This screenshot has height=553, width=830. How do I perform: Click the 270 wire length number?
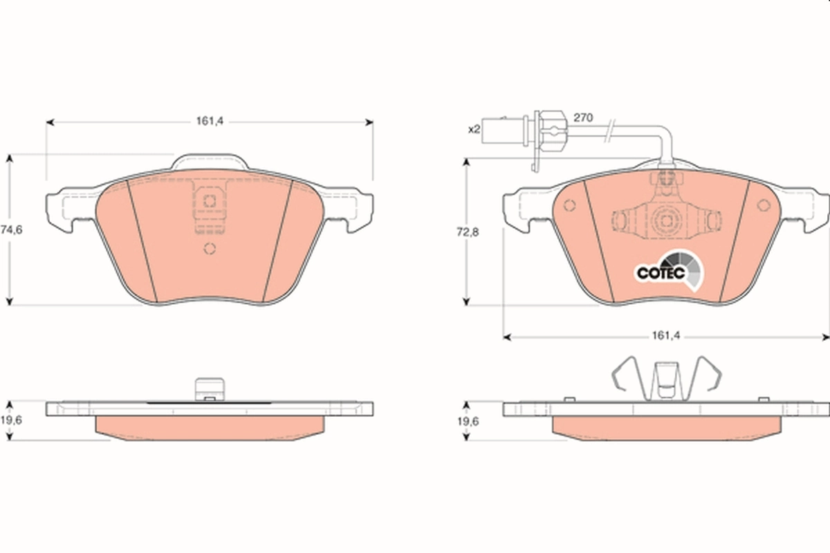(584, 118)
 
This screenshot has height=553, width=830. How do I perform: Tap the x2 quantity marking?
(474, 129)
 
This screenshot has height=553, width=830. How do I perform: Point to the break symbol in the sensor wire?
(609, 129)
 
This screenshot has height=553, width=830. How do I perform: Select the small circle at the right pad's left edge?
(570, 206)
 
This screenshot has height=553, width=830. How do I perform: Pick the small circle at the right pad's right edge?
(764, 205)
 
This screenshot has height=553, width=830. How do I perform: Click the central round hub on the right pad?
(667, 221)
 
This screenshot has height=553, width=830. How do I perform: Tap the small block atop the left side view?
(209, 388)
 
